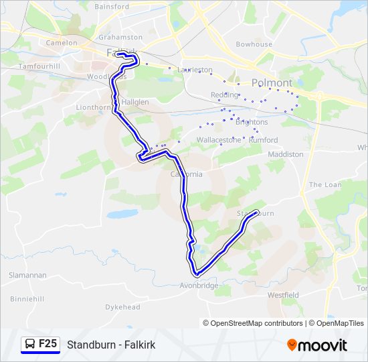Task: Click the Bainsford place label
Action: pos(112,7)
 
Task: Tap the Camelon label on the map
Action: pos(62,42)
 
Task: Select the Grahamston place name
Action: pos(120,38)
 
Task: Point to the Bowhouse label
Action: pos(254,44)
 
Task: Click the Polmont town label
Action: pos(272,83)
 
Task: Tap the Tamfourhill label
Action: pos(39,66)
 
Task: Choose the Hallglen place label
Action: pos(135,102)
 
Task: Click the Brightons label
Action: pos(252,123)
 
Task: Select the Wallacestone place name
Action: pos(219,139)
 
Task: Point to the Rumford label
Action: pos(263,140)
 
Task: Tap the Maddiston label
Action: pos(285,154)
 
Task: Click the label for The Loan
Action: pos(325,184)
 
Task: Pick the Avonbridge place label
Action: pos(199,286)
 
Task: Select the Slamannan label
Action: pos(27,276)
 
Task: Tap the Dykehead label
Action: pos(122,307)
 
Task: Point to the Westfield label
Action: pos(282,295)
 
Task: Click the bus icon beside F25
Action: pos(31,344)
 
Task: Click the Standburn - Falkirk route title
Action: pos(111,345)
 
